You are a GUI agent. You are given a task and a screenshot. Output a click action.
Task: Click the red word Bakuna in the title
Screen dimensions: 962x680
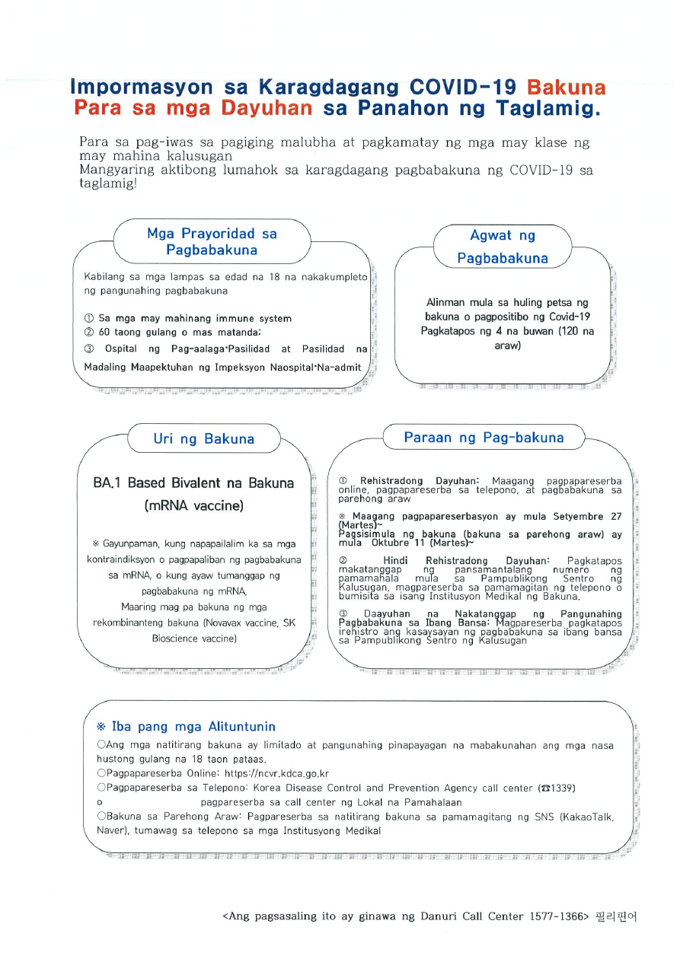pyautogui.click(x=566, y=87)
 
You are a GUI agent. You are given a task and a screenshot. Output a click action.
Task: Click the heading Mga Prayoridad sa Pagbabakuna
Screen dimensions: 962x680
pyautogui.click(x=212, y=242)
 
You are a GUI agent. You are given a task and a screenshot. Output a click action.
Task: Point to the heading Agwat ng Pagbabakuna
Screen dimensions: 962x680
pyautogui.click(x=503, y=247)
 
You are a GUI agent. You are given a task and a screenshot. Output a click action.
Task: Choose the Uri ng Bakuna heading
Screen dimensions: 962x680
pyautogui.click(x=203, y=439)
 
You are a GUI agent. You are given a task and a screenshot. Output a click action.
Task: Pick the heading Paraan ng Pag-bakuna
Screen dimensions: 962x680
pyautogui.click(x=484, y=438)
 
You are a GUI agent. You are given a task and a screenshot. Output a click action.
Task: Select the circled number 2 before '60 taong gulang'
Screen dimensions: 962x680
pyautogui.click(x=88, y=333)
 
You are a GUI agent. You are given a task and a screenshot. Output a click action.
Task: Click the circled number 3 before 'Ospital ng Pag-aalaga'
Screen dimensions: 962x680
pyautogui.click(x=88, y=349)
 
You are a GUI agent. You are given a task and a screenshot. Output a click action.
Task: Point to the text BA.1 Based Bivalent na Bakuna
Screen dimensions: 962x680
pyautogui.click(x=193, y=483)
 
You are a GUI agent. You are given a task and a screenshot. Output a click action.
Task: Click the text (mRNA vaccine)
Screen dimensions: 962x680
pyautogui.click(x=193, y=505)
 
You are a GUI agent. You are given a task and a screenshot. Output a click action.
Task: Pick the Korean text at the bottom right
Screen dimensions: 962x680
pyautogui.click(x=615, y=916)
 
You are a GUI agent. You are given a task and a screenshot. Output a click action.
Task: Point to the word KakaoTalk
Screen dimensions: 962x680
pyautogui.click(x=586, y=817)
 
